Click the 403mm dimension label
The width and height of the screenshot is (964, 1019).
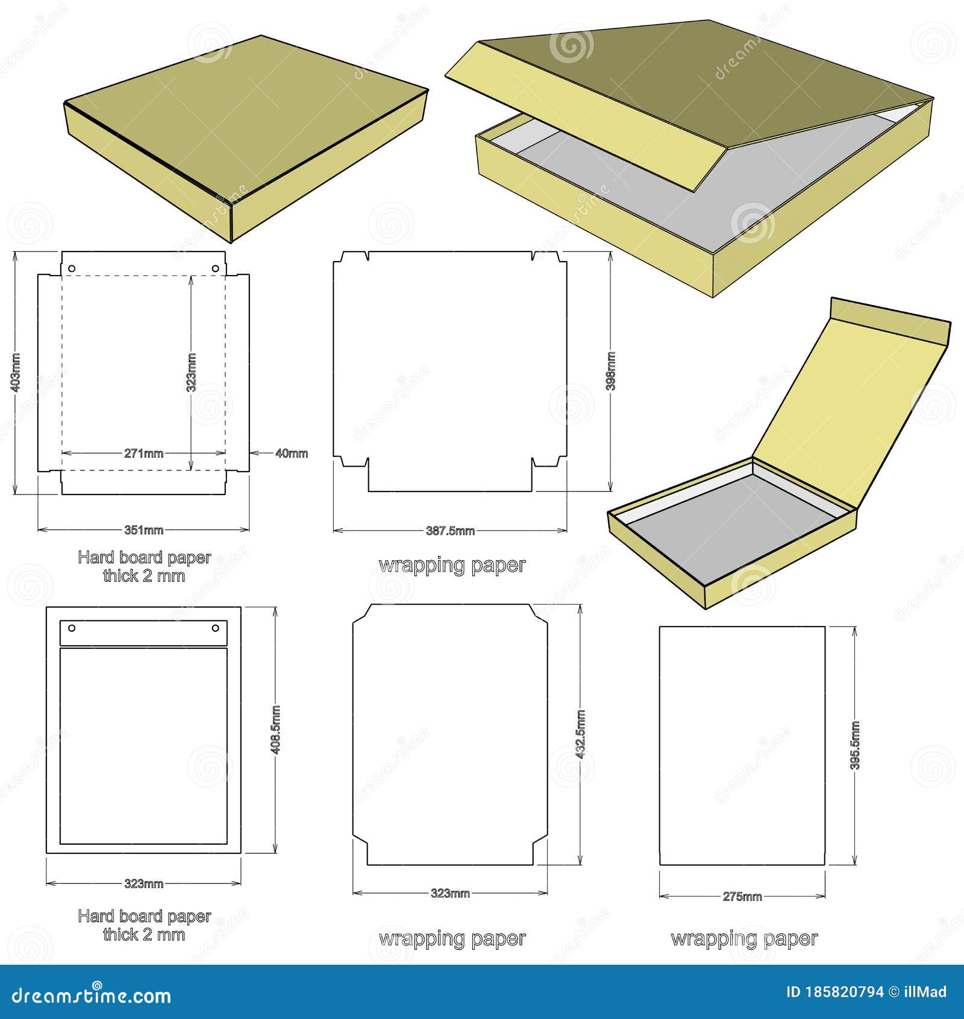click(x=16, y=373)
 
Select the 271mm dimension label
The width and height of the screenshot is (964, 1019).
click(x=143, y=453)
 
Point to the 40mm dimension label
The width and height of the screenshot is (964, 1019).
click(x=292, y=453)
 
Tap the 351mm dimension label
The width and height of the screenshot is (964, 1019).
click(x=143, y=530)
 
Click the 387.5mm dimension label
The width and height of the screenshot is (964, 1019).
click(x=450, y=531)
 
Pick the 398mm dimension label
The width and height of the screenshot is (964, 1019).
click(x=610, y=371)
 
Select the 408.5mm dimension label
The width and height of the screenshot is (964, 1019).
click(x=276, y=730)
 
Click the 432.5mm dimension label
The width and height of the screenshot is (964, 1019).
click(x=580, y=734)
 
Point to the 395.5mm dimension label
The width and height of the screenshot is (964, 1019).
click(x=855, y=745)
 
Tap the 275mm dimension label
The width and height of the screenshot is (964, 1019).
click(x=742, y=897)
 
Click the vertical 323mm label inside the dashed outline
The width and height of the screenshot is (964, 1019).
click(x=191, y=373)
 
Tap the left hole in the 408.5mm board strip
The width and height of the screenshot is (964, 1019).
click(x=72, y=628)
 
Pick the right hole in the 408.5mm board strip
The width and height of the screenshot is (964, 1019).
click(x=215, y=628)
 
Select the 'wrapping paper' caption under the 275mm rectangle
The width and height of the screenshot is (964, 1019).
click(x=744, y=939)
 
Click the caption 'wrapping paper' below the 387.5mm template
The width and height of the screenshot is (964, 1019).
click(x=452, y=565)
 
